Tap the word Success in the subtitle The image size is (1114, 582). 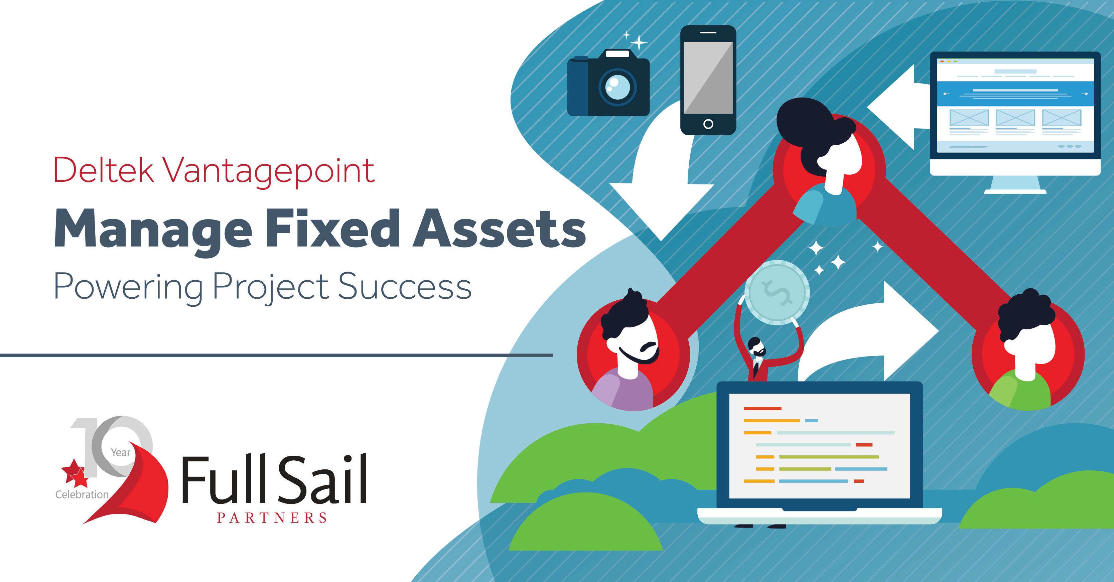pos(404,286)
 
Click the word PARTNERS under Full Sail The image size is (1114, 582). pos(272,518)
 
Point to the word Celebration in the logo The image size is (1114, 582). pos(82,494)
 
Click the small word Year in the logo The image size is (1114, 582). pos(121,452)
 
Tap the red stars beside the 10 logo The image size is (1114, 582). pos(75,473)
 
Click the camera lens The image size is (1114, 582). pos(617,87)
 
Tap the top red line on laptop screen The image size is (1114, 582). pos(762,409)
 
